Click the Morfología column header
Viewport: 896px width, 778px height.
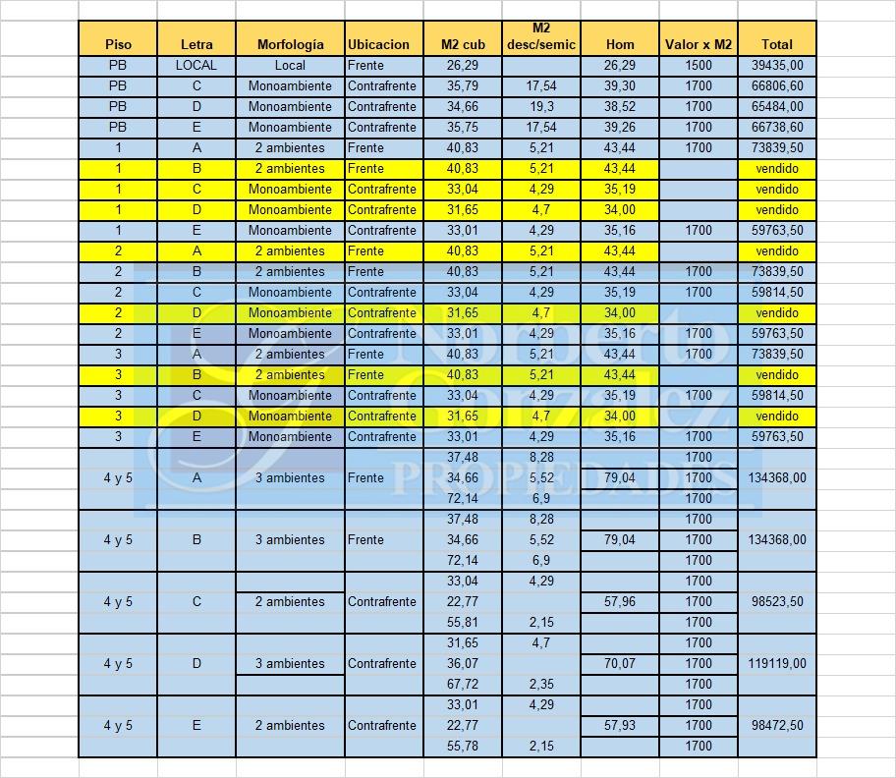(290, 44)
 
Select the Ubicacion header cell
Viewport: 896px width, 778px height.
(378, 44)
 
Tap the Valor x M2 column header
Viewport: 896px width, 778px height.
(699, 44)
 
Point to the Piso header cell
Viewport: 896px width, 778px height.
(118, 44)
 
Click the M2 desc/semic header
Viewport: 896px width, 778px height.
(541, 36)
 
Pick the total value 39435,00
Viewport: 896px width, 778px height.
(777, 65)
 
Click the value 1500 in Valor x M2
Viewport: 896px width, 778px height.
(699, 65)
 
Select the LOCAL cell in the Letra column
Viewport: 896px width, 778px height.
(196, 65)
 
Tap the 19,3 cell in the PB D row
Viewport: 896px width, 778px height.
(541, 106)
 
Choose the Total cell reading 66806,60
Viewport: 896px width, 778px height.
(777, 85)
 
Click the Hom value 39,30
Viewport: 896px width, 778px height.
(620, 85)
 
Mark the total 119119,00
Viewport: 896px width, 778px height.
(777, 663)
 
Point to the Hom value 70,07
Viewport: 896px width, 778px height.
(620, 663)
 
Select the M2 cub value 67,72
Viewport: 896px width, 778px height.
(463, 684)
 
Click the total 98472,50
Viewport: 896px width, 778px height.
(777, 725)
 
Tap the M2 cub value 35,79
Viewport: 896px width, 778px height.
(463, 85)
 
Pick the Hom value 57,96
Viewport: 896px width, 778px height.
(620, 601)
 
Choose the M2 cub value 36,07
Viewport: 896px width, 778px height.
(463, 663)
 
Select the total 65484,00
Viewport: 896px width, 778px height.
(777, 106)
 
